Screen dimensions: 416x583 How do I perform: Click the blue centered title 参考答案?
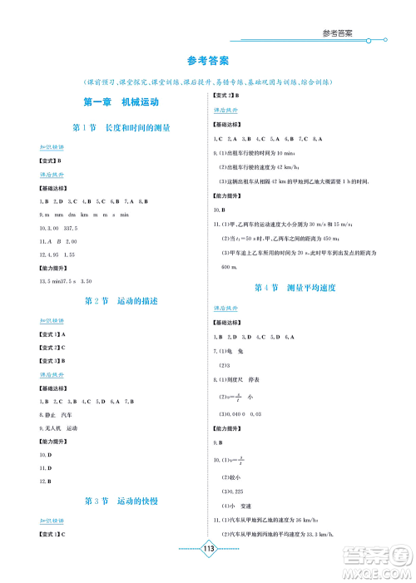click(208, 61)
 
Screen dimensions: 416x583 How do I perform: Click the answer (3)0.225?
click(230, 491)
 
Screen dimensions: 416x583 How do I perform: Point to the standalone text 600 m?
click(230, 267)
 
